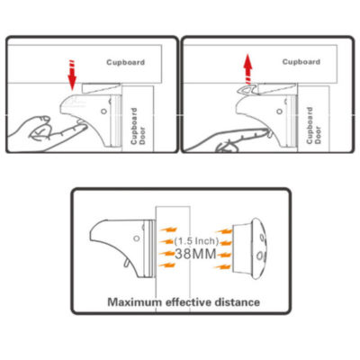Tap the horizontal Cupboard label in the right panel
tap(301, 62)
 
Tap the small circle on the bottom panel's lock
tap(136, 237)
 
